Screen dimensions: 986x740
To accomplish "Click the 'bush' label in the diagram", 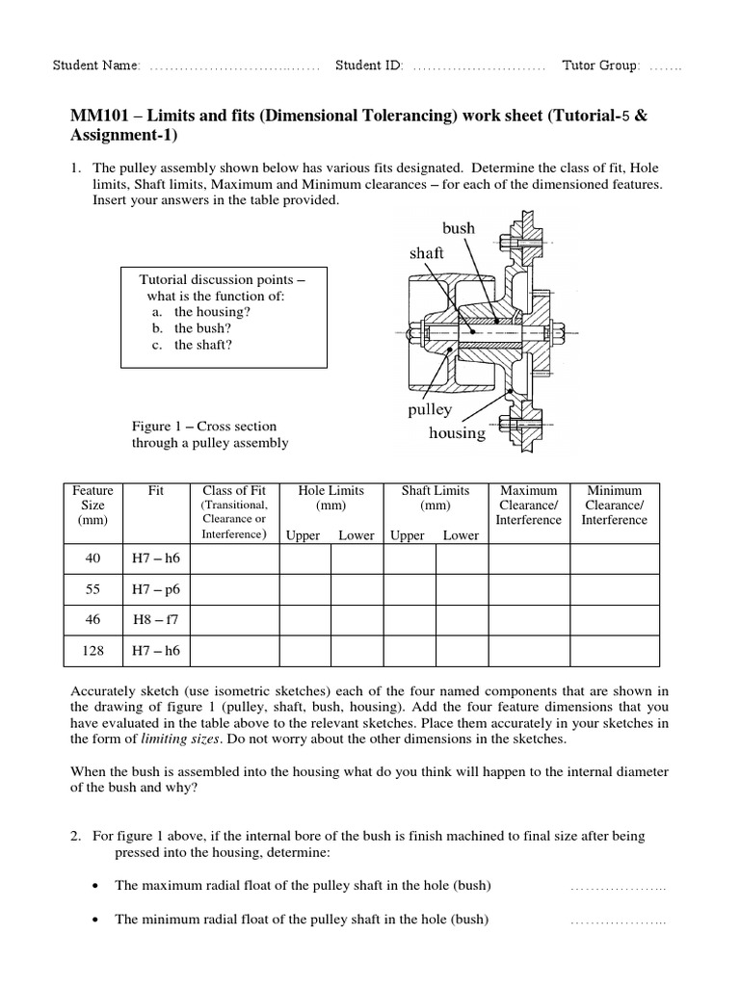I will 459,228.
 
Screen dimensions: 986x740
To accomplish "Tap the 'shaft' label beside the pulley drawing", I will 427,252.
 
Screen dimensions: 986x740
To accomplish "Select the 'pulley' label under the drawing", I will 430,409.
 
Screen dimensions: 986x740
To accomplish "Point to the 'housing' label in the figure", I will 457,432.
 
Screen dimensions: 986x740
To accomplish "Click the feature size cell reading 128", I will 93,650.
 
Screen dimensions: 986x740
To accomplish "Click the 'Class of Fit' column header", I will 233,490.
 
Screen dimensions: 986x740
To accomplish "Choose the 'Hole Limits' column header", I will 330,490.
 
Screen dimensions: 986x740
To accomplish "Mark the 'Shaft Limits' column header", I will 435,490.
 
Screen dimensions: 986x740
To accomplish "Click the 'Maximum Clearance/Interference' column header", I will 528,505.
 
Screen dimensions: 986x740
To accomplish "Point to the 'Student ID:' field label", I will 369,65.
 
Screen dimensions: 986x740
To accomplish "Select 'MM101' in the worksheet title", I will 95,116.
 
